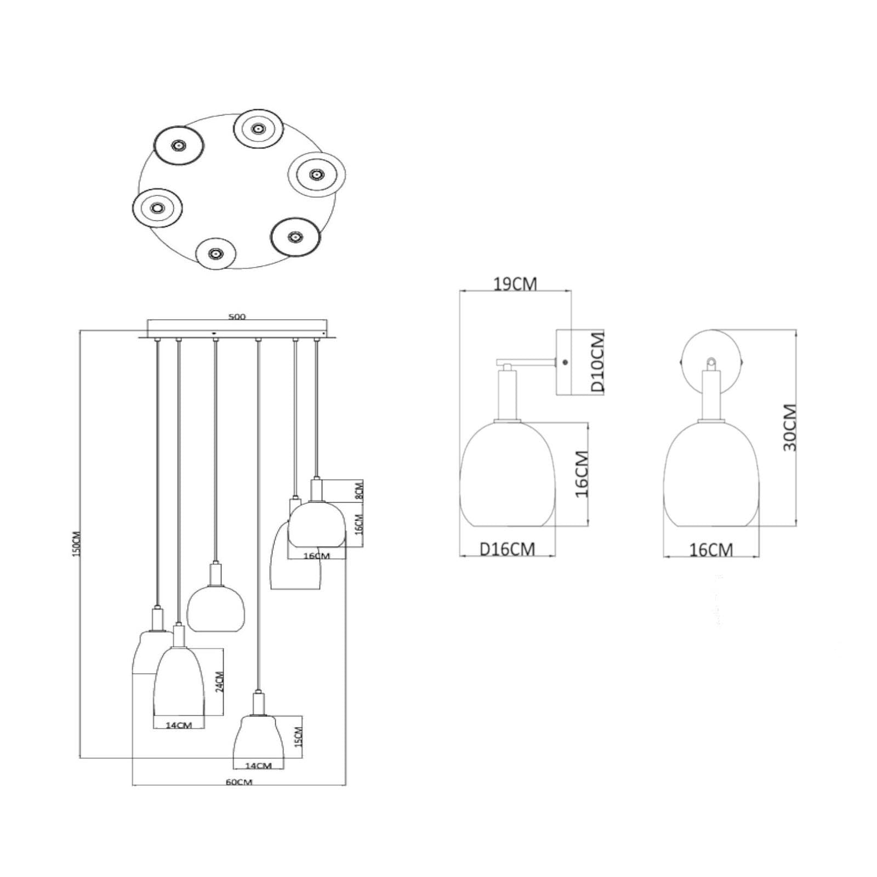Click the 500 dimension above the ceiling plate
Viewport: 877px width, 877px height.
pos(237,316)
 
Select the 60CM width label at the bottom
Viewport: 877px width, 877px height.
pos(239,782)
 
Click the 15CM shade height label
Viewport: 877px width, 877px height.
pos(298,737)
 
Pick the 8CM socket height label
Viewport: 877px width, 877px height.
pos(359,489)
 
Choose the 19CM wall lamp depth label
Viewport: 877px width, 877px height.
pos(515,284)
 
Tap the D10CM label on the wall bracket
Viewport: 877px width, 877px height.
pos(597,362)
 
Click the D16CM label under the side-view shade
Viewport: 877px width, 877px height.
pos(508,549)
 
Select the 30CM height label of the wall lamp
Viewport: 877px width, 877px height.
pos(789,428)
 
